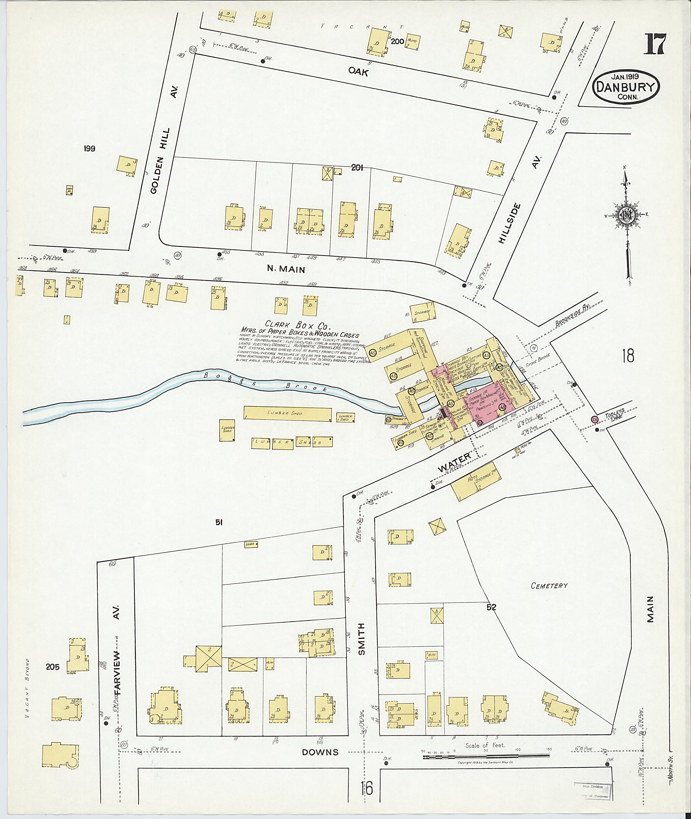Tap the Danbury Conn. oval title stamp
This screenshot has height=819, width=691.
(x=626, y=87)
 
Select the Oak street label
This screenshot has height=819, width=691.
(x=358, y=71)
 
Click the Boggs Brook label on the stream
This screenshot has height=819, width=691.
(x=266, y=381)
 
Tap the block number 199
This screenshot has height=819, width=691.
(x=89, y=148)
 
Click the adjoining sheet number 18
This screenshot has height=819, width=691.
(x=628, y=356)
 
